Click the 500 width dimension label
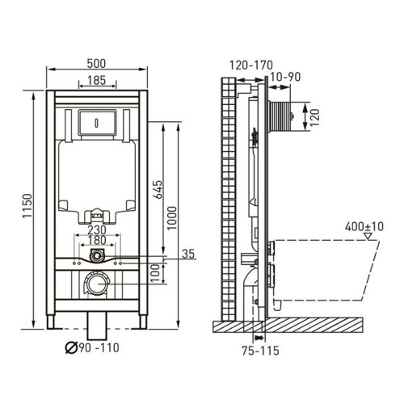point(96,64)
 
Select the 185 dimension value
point(97,80)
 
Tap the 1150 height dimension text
point(27,206)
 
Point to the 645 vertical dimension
point(158,189)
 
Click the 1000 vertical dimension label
point(171,218)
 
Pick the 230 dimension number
point(97,230)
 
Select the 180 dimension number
point(97,240)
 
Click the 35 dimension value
point(188,254)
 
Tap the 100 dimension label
point(155,273)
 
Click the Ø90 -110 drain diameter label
point(92,347)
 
